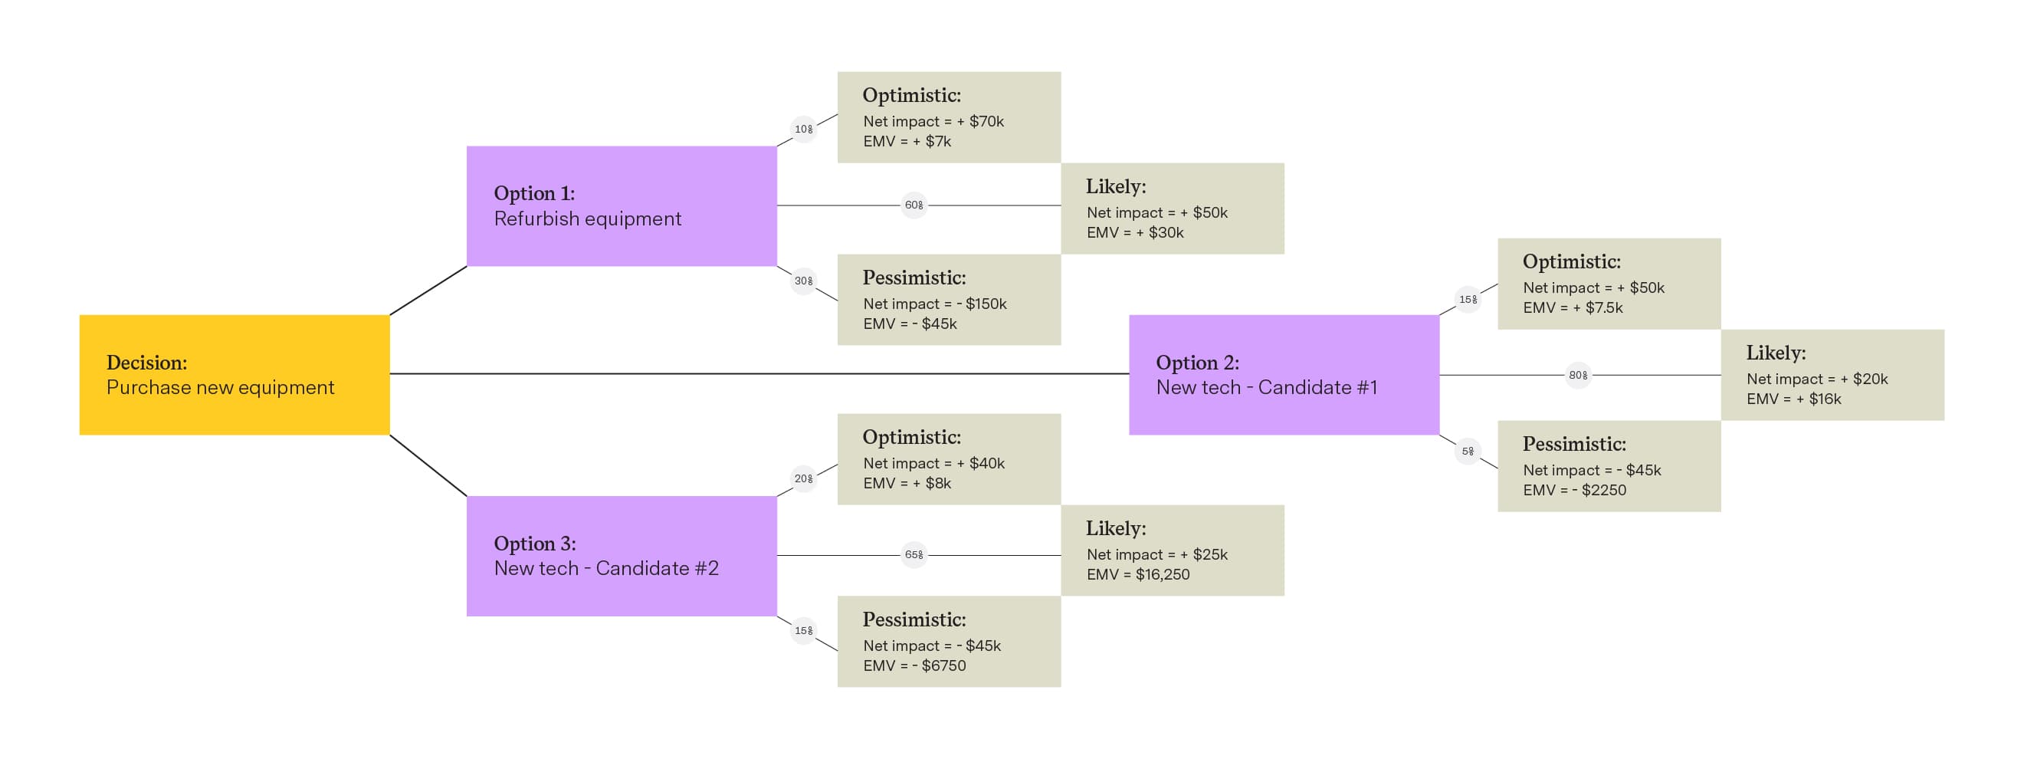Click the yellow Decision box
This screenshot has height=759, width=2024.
tap(235, 375)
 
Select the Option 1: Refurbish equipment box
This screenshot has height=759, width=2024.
tap(622, 206)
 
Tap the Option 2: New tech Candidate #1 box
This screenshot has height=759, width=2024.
tap(1284, 375)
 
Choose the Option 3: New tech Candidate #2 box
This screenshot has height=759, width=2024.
tap(622, 556)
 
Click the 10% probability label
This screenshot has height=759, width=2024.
tap(803, 129)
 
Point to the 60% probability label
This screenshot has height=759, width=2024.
tap(914, 205)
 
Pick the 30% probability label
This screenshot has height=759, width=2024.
tap(803, 281)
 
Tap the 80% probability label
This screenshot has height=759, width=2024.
tap(1578, 375)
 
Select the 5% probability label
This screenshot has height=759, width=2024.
tap(1467, 451)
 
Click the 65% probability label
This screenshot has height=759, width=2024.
tap(914, 555)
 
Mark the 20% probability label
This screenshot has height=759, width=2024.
tap(803, 478)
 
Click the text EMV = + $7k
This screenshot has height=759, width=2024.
tap(907, 141)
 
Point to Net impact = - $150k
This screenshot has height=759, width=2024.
tap(934, 304)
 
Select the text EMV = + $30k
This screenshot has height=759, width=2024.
tap(1134, 232)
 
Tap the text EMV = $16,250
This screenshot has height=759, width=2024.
tap(1138, 574)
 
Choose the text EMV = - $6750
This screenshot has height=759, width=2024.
tap(914, 665)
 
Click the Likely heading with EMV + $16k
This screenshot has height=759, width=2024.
tap(1776, 353)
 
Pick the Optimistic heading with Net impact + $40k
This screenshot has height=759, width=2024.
tap(911, 437)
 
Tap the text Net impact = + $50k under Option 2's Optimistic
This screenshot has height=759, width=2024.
tap(1593, 287)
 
